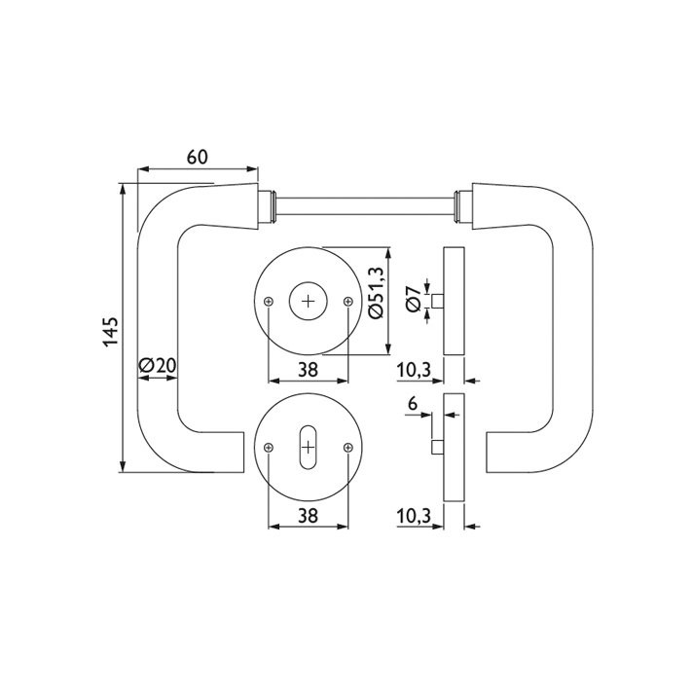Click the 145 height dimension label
point(111,331)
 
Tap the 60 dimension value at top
point(197,157)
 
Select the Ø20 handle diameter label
point(158,365)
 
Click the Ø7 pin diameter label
point(414,299)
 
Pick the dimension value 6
point(413,403)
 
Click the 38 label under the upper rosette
point(308,370)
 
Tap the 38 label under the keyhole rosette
point(308,515)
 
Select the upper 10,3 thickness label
point(414,370)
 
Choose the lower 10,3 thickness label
point(414,516)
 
